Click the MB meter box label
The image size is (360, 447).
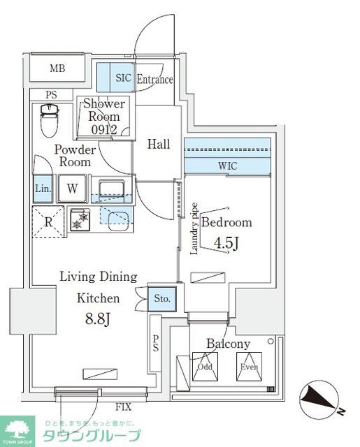[57, 68]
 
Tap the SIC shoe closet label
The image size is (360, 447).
[124, 78]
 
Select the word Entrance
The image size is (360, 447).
[154, 79]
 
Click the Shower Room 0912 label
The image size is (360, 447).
[104, 117]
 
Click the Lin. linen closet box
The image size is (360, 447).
[41, 188]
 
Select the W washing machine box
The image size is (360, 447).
[72, 188]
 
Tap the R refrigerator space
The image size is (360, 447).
[48, 221]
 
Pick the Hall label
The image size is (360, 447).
[159, 145]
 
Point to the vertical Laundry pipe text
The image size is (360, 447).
[194, 229]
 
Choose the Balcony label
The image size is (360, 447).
[228, 344]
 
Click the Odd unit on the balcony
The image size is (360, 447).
[205, 366]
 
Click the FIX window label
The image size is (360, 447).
[122, 406]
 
